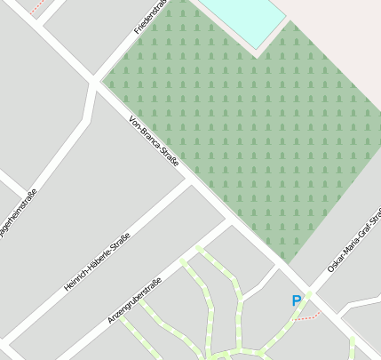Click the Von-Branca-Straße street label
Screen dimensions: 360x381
tap(154, 142)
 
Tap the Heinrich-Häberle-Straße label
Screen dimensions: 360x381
tap(98, 262)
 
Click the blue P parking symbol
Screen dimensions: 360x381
tap(297, 301)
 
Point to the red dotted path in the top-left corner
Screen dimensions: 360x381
tap(37, 8)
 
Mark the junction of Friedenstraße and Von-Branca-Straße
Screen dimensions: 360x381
tap(95, 83)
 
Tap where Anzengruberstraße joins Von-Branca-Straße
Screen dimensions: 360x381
tap(230, 225)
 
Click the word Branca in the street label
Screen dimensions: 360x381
tap(153, 141)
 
